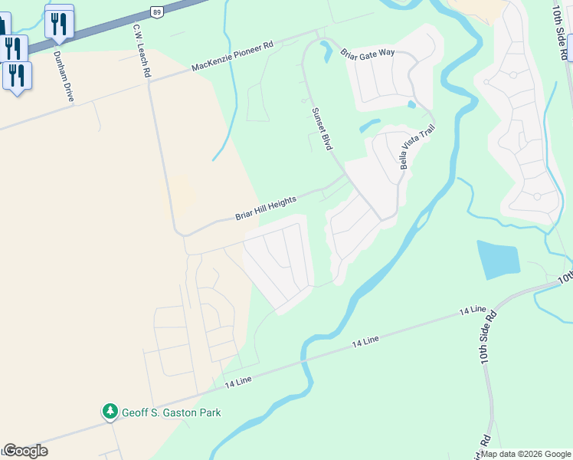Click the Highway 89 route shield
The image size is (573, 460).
(x=157, y=11)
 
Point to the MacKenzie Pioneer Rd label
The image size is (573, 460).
(x=232, y=58)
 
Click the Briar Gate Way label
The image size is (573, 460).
(x=367, y=53)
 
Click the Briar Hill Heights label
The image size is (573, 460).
(x=265, y=207)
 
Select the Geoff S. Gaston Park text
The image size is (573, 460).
(x=171, y=412)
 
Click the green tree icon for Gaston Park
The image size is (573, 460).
(x=110, y=412)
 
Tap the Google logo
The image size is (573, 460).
(x=25, y=451)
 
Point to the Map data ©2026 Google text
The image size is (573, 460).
(x=526, y=454)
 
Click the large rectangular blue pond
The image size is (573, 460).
(x=497, y=261)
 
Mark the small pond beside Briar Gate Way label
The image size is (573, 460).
(x=326, y=51)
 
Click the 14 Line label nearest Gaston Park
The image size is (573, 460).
(x=239, y=381)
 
